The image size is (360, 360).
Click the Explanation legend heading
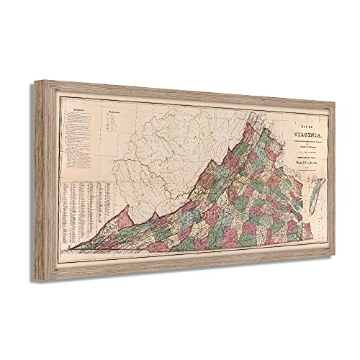coord(112,114)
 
